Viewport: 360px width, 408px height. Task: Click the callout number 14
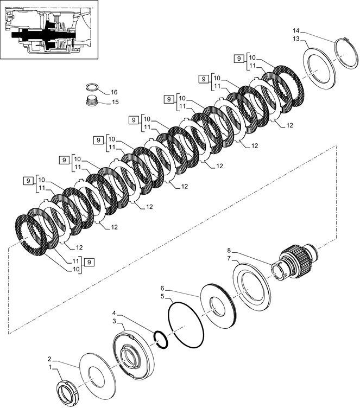click(296, 31)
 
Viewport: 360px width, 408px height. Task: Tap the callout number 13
click(296, 39)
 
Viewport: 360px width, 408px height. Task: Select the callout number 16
click(114, 92)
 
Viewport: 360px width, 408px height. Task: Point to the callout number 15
click(115, 102)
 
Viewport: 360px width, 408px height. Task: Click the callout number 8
click(229, 250)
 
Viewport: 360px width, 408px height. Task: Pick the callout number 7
click(229, 258)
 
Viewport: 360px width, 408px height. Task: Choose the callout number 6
click(162, 288)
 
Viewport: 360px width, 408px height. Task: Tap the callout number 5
click(162, 296)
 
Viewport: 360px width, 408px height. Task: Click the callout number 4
click(114, 313)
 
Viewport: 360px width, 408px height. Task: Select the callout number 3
click(114, 321)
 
